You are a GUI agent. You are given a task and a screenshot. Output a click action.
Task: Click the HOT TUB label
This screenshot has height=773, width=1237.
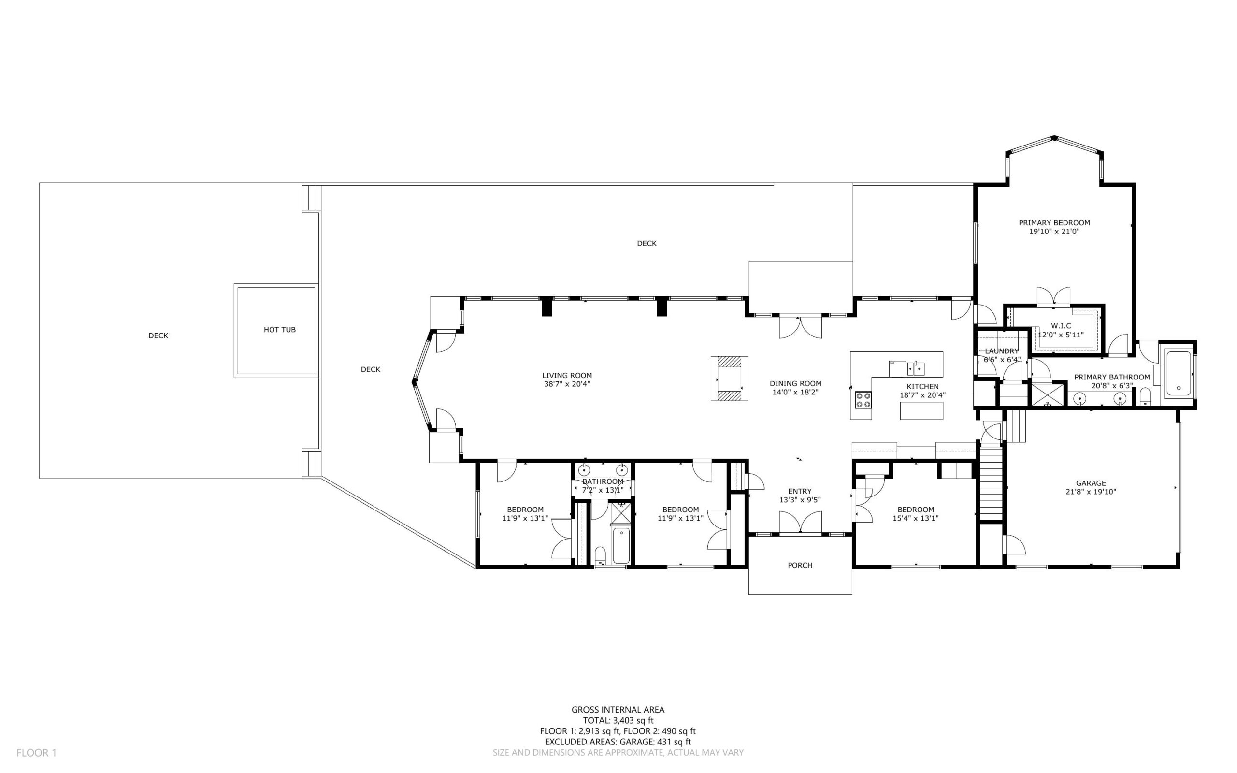tap(279, 330)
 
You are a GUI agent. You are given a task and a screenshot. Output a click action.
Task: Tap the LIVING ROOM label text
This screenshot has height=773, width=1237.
tap(567, 375)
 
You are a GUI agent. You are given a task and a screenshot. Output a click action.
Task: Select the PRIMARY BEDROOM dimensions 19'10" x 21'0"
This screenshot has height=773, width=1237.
tap(1054, 232)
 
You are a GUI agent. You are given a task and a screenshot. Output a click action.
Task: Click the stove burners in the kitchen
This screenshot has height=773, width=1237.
tap(863, 400)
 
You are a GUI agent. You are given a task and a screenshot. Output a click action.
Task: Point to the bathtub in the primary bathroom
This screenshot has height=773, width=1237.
tap(1178, 374)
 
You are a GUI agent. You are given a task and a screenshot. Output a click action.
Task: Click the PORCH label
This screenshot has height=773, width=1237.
tap(800, 565)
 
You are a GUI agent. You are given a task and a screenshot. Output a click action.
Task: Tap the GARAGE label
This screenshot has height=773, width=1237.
tap(1091, 483)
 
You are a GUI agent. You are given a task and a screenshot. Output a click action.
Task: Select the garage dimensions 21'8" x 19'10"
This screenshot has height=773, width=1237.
tap(1091, 492)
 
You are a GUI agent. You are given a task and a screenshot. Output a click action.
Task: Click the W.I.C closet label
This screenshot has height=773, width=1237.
tap(1061, 326)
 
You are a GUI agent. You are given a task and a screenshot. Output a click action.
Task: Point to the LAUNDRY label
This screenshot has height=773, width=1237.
tap(1002, 351)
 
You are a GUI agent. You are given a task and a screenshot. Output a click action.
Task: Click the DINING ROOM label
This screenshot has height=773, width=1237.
tap(795, 383)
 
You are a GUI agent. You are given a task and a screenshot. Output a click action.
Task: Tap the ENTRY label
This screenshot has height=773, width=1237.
tap(800, 491)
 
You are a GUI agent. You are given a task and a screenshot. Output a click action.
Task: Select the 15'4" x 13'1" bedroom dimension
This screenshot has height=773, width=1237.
tap(916, 518)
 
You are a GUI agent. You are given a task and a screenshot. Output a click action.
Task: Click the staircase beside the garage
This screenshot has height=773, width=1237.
tap(991, 481)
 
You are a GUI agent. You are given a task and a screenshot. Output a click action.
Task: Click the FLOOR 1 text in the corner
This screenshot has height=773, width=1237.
tap(36, 753)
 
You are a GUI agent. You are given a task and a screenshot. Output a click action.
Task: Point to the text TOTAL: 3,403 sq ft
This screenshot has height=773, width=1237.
tap(618, 720)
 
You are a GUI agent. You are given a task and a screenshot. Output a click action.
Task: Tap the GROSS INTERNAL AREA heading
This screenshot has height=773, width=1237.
tap(618, 710)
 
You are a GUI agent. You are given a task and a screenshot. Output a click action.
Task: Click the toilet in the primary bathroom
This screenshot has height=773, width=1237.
tap(1145, 396)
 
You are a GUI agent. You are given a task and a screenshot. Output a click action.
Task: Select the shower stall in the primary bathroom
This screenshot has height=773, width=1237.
tap(1047, 394)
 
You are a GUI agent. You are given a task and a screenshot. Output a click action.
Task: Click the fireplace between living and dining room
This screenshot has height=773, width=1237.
tap(729, 379)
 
